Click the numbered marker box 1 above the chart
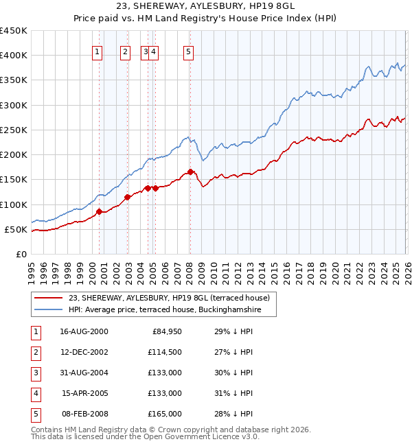tap(97, 50)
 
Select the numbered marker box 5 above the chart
tap(188, 50)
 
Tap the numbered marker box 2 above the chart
tap(125, 50)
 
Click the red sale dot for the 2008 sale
tap(190, 172)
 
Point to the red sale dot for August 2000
tap(99, 211)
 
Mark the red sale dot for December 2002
tap(128, 198)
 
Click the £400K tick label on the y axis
tap(14, 56)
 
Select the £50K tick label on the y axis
tap(16, 229)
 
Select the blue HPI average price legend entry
tap(171, 309)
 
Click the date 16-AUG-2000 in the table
tap(84, 332)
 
